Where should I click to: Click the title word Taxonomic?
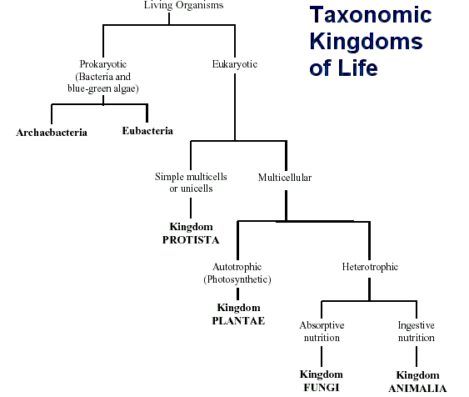pos(371,15)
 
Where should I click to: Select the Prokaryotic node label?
pos(102,63)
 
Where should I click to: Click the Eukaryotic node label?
pos(236,63)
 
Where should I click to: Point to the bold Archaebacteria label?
pos(52,132)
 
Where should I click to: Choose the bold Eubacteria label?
pos(147,130)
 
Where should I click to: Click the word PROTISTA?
pos(191,239)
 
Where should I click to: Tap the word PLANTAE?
pos(237,319)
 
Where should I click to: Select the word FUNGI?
pos(321,387)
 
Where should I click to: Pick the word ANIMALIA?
pos(417,388)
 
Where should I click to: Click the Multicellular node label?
pos(285,177)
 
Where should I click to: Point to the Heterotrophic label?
pos(370,267)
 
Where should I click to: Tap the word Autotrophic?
pos(237,267)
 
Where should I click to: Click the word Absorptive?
pos(322,324)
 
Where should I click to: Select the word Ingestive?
pos(417,324)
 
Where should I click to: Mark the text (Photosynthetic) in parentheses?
pos(237,279)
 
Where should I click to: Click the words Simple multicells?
pos(191,176)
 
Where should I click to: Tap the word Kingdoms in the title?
pos(366,42)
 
